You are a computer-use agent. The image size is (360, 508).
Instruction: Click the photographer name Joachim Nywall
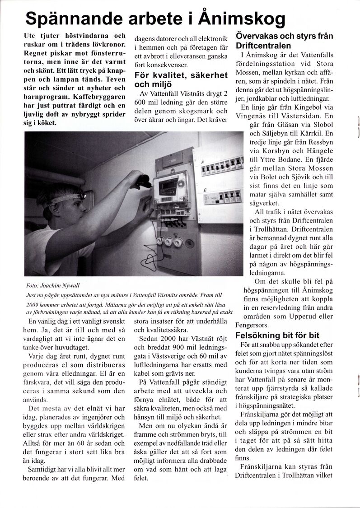pos(56,286)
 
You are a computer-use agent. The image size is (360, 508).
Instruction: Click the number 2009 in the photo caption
pos(34,303)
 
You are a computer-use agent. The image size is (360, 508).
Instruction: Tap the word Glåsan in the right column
pos(272,125)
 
